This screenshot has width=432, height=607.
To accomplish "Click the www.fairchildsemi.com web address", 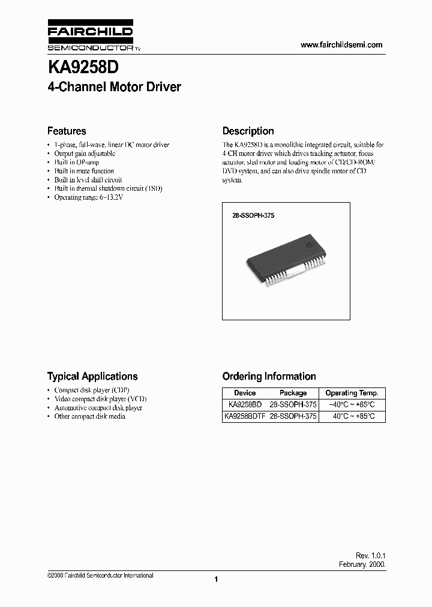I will (x=341, y=45).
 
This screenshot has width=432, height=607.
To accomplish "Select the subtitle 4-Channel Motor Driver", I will (x=114, y=87).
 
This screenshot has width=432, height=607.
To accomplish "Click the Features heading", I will (x=67, y=131).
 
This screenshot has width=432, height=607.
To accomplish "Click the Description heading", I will (x=248, y=131).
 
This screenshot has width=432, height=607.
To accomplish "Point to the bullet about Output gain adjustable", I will (x=85, y=154).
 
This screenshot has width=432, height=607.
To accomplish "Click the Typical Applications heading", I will (x=92, y=377).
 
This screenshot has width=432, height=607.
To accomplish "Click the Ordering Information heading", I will (x=269, y=377).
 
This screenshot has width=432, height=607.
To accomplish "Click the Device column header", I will (x=244, y=393).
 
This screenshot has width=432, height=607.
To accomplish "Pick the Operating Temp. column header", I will (x=352, y=393).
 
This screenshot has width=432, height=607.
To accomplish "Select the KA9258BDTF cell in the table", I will (x=244, y=416).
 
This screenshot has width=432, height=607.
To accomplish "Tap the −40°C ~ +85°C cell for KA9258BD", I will (x=352, y=405).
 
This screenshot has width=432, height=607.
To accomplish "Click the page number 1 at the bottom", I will (x=215, y=579).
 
